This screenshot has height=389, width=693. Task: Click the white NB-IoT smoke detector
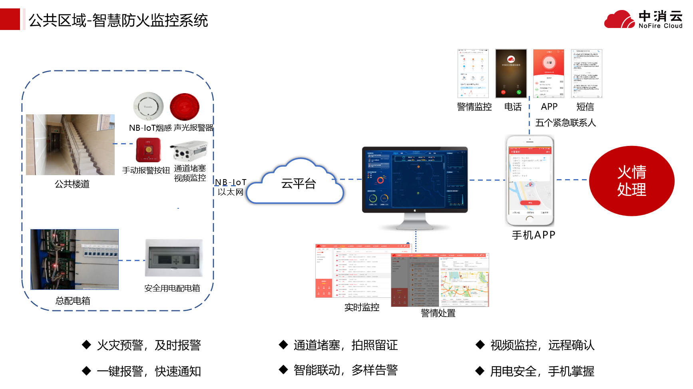click(x=148, y=106)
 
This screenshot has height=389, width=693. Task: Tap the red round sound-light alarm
click(x=184, y=107)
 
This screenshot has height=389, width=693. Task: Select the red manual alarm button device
click(x=148, y=150)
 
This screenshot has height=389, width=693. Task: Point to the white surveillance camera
click(x=189, y=151)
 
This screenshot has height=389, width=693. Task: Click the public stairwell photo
click(x=70, y=144)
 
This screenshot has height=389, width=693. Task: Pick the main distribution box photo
click(x=74, y=259)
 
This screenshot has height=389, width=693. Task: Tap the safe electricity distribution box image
click(x=174, y=258)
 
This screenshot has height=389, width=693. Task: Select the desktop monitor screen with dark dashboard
click(x=414, y=179)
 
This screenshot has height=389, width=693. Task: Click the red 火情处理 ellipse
click(x=631, y=181)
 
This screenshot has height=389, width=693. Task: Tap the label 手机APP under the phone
click(x=533, y=235)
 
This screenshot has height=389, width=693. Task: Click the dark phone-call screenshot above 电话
click(x=511, y=74)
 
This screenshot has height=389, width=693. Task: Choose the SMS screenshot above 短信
click(x=586, y=74)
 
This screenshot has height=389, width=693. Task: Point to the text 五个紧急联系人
click(x=565, y=123)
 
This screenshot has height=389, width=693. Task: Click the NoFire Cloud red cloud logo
click(x=619, y=20)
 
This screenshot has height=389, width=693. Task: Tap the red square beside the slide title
click(x=10, y=19)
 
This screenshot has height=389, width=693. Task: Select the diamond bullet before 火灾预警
click(x=86, y=345)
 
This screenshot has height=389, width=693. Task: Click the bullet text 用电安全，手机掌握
click(x=542, y=371)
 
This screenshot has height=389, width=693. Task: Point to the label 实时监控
click(x=362, y=307)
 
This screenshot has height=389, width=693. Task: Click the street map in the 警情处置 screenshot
click(x=465, y=285)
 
